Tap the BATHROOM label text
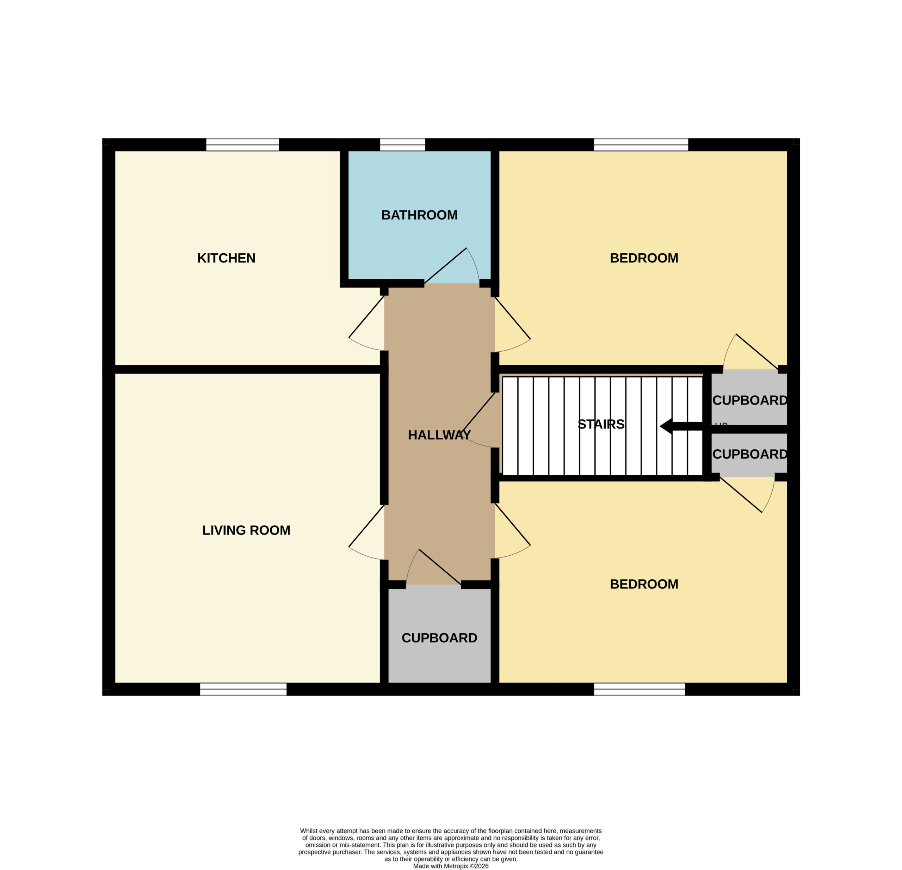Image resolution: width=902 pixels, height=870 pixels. coord(419,215)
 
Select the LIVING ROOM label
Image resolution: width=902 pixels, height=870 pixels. coord(246,530)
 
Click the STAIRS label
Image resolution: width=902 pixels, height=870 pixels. coord(601,424)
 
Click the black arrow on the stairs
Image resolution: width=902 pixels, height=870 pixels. coord(681,426)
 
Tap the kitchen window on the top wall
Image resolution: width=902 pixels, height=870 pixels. coord(242,144)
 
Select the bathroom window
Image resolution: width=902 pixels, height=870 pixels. coord(403,144)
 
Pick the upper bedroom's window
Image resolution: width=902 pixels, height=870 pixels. coord(641,144)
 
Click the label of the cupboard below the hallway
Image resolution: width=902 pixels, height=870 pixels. coord(439,638)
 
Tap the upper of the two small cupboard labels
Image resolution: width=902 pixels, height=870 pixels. coord(750,401)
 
